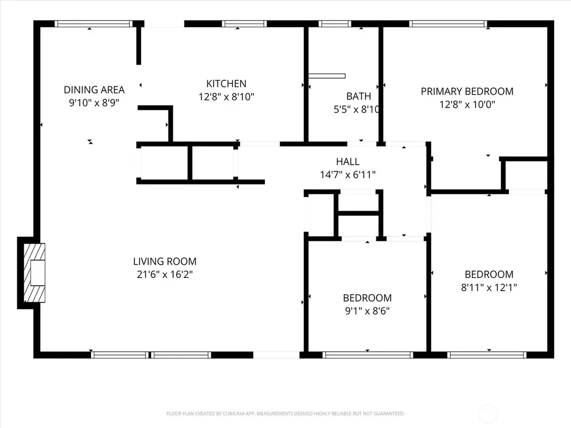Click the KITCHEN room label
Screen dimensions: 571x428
pos(226,84)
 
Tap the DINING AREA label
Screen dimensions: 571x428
pos(94,90)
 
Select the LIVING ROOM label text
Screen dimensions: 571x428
pos(164,261)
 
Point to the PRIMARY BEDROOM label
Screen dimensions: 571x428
pos(467,91)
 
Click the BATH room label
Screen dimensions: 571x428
pos(359,96)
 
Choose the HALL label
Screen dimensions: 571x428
pos(348,162)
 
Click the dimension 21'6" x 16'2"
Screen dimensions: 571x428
pos(164,274)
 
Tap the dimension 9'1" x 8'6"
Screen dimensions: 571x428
pos(367,311)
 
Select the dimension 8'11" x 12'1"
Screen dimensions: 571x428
pos(488,288)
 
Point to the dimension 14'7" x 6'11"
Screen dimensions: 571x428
pos(348,174)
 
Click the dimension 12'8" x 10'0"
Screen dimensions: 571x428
pos(467,104)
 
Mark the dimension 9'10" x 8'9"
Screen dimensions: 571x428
pos(94,103)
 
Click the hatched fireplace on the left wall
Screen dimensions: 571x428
pos(34,273)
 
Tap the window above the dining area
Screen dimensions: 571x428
pos(94,23)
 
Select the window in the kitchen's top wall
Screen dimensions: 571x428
pos(244,23)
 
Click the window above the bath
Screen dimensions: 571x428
pos(335,23)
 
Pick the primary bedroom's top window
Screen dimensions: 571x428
pos(448,23)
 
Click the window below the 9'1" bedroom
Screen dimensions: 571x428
pos(368,355)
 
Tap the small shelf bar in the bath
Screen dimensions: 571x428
pos(327,76)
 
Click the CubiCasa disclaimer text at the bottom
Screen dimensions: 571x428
pos(285,414)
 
